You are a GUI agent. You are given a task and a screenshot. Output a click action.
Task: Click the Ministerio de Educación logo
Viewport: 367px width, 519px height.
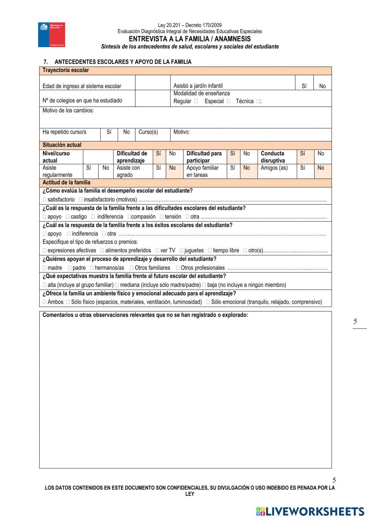click(x=51, y=35)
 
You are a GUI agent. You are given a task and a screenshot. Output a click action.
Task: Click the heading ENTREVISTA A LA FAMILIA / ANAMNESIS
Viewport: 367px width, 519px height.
click(x=190, y=39)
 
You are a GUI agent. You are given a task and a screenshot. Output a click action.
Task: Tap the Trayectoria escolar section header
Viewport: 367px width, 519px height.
click(x=66, y=71)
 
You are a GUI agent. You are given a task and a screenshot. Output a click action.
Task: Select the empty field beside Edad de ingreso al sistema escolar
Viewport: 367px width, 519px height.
click(x=152, y=83)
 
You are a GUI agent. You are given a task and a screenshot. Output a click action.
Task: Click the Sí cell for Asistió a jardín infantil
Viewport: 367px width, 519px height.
click(x=304, y=86)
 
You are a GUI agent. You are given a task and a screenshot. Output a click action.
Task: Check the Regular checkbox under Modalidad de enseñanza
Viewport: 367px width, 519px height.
click(x=196, y=101)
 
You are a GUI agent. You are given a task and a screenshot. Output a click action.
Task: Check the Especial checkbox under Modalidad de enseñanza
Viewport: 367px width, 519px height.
click(x=228, y=101)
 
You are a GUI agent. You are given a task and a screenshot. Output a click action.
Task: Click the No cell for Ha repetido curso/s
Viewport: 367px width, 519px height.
click(x=126, y=132)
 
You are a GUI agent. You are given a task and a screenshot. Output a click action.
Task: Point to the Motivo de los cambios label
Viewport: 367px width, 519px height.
click(x=68, y=111)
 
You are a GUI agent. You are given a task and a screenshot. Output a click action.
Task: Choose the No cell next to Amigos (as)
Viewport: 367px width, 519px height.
click(x=321, y=168)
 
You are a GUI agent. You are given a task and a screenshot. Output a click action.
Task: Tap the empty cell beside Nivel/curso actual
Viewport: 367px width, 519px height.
click(x=98, y=157)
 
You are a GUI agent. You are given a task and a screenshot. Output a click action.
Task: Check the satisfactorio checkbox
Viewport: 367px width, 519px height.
click(x=45, y=200)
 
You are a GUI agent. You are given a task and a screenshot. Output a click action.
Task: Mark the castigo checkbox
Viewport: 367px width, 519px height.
click(x=68, y=217)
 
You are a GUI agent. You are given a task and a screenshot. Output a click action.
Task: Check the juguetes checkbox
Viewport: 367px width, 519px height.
click(x=181, y=251)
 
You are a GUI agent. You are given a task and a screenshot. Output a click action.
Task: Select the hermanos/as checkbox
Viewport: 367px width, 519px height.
click(x=92, y=268)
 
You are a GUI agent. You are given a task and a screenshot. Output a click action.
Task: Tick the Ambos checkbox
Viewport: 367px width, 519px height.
click(x=45, y=302)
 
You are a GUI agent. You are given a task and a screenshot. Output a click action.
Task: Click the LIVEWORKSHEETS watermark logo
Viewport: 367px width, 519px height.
click(x=310, y=511)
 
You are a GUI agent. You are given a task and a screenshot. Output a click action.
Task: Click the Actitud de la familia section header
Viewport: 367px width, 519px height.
click(x=66, y=183)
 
